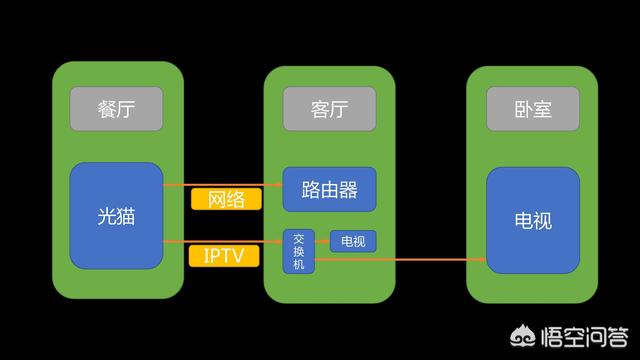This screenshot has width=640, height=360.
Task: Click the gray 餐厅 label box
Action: click(117, 109)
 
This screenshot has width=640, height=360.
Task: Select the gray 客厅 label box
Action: click(328, 109)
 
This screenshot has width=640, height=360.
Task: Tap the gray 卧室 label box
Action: click(532, 109)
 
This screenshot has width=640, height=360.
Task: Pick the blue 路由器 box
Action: click(329, 189)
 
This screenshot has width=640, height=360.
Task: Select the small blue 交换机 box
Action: click(298, 251)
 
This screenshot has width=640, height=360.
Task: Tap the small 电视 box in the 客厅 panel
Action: click(353, 242)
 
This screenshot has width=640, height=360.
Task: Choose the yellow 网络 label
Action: click(226, 199)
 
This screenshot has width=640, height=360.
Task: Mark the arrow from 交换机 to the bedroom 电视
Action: click(400, 260)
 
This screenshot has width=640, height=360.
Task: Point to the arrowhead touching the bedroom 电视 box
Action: click(482, 260)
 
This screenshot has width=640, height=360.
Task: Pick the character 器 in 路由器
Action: click(348, 189)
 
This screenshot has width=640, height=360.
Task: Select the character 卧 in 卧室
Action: click(522, 109)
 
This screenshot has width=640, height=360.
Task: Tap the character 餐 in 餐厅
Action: click(107, 109)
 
